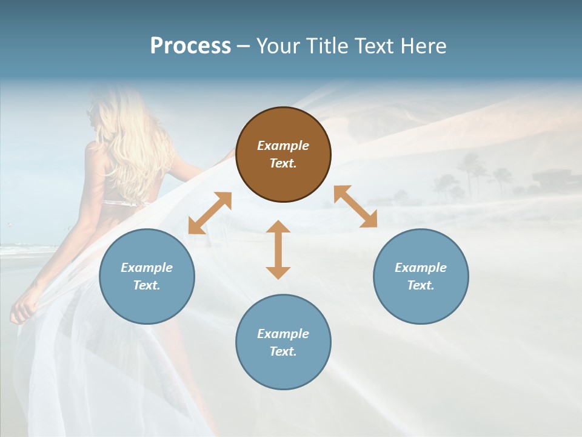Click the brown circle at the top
click(x=283, y=154)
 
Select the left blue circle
click(x=147, y=276)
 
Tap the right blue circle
click(x=421, y=276)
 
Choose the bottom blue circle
click(x=283, y=342)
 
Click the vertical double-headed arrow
click(x=278, y=249)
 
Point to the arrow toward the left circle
click(x=210, y=212)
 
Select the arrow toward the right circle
click(x=355, y=206)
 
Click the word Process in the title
click(x=190, y=46)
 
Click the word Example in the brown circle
click(x=283, y=146)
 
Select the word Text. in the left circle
click(x=147, y=285)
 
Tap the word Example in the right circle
click(x=421, y=268)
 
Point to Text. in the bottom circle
click(x=283, y=351)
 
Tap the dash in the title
click(x=244, y=46)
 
